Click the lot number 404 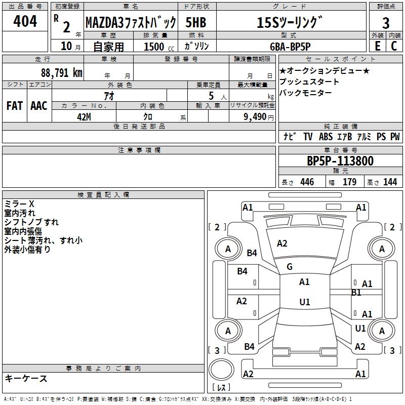click(25, 22)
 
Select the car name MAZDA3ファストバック click(131, 22)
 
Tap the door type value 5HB click(196, 22)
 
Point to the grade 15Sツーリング click(289, 22)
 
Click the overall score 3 click(386, 23)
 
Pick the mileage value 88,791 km click(62, 72)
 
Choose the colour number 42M click(84, 116)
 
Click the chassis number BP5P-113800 click(340, 161)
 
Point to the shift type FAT click(15, 106)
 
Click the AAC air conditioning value click(39, 106)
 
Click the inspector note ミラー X click(19, 204)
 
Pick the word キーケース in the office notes click(26, 379)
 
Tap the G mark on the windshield click(290, 267)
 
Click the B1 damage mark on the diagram click(356, 292)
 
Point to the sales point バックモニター click(306, 93)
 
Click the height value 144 click(390, 182)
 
